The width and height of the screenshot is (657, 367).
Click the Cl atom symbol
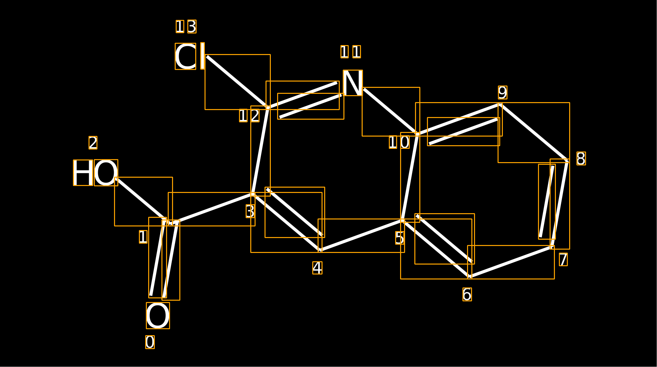(190, 56)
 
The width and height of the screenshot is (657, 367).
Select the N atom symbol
(353, 83)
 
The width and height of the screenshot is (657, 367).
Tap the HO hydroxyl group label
(95, 173)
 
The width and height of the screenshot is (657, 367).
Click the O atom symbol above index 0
(158, 316)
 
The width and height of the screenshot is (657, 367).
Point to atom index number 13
(186, 27)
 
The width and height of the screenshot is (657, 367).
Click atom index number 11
(350, 52)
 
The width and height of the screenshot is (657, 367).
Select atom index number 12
(249, 116)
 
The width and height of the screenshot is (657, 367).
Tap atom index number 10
(399, 142)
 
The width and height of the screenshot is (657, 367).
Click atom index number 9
(503, 92)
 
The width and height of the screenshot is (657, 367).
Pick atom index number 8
(581, 158)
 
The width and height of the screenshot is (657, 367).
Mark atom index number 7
(563, 259)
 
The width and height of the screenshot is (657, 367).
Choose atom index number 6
(467, 294)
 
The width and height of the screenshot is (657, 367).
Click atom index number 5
(400, 238)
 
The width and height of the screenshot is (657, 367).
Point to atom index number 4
(317, 268)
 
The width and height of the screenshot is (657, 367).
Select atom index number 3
(250, 211)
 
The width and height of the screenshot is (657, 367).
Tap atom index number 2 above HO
(93, 143)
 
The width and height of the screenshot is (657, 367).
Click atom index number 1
(143, 237)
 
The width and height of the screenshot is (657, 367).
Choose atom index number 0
(150, 342)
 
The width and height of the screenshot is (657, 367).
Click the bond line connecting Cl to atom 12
(237, 82)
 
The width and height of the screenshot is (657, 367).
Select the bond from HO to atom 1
(141, 200)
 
